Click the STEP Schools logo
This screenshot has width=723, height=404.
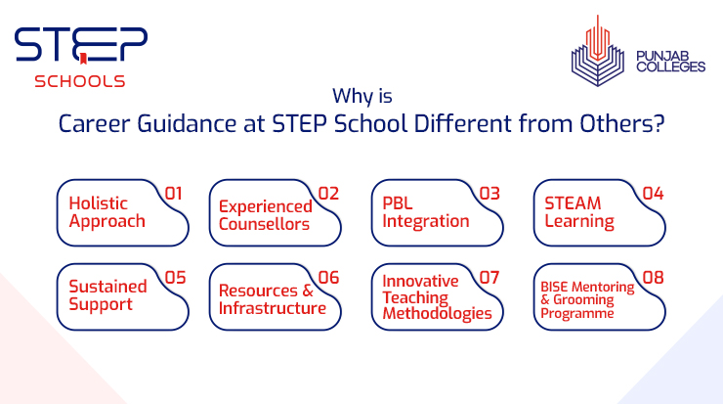(80, 56)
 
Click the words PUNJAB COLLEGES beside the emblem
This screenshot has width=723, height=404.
(670, 61)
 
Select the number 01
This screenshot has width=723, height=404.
(174, 193)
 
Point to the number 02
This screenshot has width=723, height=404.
(328, 193)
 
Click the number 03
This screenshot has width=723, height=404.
(489, 193)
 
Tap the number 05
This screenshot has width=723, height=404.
(175, 278)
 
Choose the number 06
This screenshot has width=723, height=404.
(328, 278)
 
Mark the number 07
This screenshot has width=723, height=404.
(489, 278)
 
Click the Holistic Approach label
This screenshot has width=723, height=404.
(106, 211)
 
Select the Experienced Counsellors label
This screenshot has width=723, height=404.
(265, 214)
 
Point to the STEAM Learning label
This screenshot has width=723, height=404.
(579, 211)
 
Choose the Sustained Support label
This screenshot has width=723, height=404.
(107, 295)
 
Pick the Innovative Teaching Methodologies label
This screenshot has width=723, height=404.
(437, 297)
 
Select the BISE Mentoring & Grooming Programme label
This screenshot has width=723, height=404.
(587, 300)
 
